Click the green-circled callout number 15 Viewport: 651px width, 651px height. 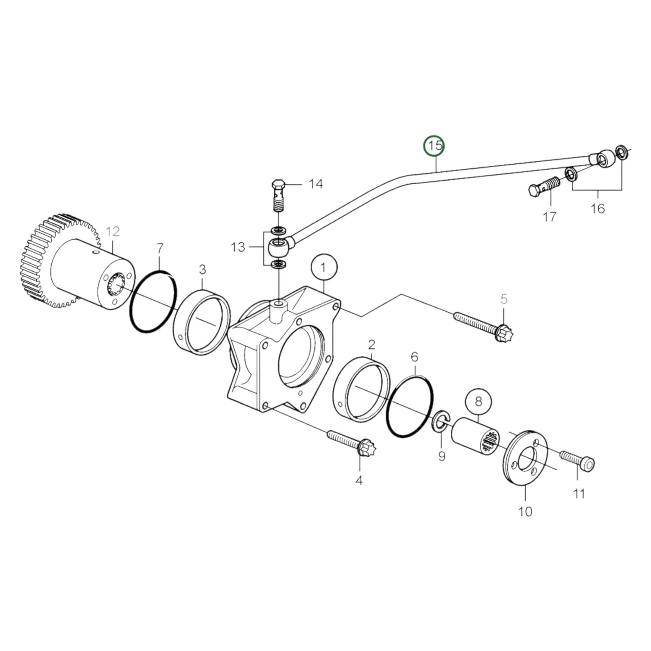click(x=435, y=146)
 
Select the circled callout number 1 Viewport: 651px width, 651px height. click(x=324, y=267)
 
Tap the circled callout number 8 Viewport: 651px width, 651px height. click(x=478, y=401)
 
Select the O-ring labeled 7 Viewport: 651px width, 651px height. click(x=153, y=302)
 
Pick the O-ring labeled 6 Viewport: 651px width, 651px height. click(x=410, y=406)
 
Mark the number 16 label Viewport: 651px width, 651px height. click(x=597, y=209)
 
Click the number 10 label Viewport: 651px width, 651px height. click(x=525, y=511)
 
